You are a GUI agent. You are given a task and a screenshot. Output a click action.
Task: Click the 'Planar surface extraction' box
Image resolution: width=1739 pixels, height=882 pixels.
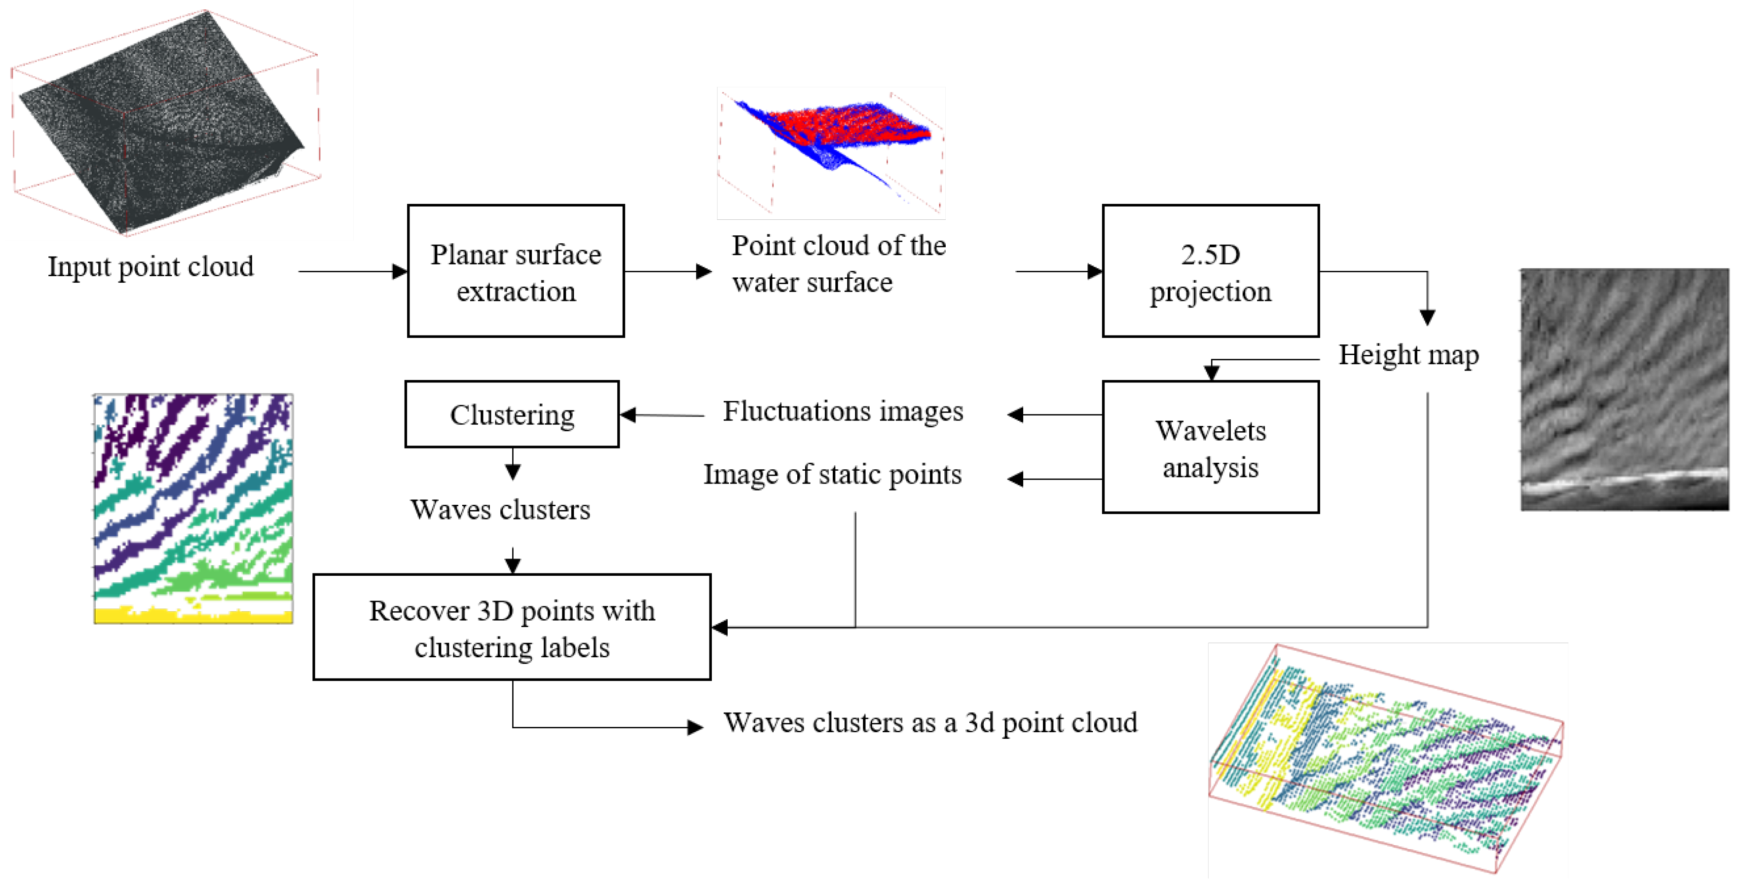point(516,271)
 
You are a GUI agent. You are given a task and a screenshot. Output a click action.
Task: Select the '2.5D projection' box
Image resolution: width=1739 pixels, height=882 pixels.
point(1210,271)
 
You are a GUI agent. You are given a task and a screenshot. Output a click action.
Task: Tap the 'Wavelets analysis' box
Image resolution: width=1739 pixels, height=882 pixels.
point(1210,447)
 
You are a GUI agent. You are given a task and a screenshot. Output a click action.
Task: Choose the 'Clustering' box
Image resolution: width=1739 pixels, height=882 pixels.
point(512,414)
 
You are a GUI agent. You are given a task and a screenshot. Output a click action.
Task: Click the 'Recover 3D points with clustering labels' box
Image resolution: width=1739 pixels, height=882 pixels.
point(512,628)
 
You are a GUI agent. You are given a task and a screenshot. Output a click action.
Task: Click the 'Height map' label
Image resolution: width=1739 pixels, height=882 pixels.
point(1408,355)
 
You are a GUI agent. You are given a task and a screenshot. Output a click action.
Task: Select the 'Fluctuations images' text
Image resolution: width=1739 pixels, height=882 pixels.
point(842,411)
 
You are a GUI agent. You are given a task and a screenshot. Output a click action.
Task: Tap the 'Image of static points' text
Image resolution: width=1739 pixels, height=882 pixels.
point(832,475)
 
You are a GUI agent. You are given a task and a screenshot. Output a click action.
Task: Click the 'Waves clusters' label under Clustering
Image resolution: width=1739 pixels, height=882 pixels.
point(500,510)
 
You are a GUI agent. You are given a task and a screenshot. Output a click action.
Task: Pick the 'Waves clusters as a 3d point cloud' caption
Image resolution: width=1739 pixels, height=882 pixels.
point(930,722)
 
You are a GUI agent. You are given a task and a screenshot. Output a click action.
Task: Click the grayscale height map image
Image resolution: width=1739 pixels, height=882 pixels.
point(1624,390)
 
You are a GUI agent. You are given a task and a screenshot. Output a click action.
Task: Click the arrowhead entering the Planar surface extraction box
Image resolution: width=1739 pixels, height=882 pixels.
point(400,272)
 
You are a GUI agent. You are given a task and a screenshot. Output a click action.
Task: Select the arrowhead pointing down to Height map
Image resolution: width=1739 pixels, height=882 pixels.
point(1427,317)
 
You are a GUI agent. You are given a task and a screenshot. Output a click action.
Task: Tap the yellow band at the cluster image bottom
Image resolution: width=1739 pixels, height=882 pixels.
point(193,615)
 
